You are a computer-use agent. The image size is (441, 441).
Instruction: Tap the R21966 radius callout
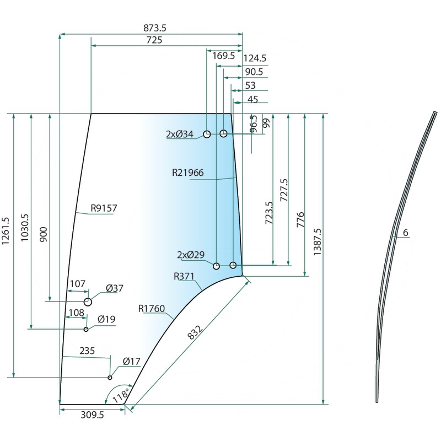tap(187, 173)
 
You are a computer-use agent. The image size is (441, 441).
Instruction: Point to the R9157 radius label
tap(104, 208)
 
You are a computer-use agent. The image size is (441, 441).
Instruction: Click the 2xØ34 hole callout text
tap(180, 134)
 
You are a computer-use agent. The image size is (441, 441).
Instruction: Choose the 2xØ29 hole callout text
tap(191, 255)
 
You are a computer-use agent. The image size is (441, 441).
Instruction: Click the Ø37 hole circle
tap(88, 302)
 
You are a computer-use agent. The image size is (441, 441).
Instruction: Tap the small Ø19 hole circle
tap(86, 329)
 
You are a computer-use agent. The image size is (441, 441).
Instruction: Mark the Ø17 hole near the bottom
tap(110, 378)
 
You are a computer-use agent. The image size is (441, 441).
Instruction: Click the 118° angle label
tap(121, 395)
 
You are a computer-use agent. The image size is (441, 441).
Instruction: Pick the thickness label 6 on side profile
tap(405, 233)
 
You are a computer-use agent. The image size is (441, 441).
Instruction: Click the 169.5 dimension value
tap(223, 56)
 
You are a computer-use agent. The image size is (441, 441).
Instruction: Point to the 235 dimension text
tap(87, 351)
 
